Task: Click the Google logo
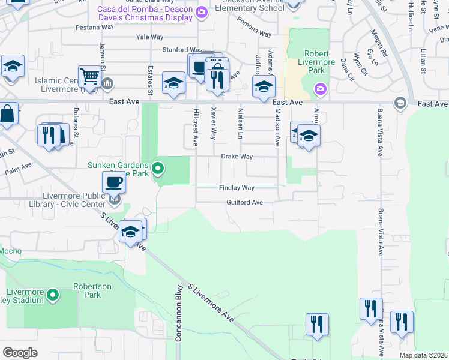(x=20, y=353)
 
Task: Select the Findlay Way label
(x=237, y=188)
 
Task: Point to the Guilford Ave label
(x=245, y=203)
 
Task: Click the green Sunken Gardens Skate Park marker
(x=158, y=168)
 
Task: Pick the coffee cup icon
(x=113, y=182)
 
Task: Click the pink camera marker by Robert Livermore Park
(x=320, y=89)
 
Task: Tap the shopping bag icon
(x=7, y=114)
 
